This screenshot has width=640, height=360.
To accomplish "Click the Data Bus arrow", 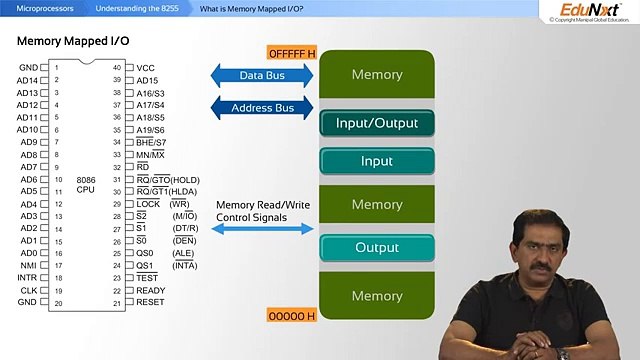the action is tap(262, 75).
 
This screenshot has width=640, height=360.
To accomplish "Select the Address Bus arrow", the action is tap(262, 107).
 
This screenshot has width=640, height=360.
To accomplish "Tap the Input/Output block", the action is tap(376, 124).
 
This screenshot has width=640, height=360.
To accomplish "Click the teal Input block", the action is tap(376, 161).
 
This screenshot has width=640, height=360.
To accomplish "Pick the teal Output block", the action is tap(376, 248).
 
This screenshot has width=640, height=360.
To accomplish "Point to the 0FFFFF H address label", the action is tap(291, 52).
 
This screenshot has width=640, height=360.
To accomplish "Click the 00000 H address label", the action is tap(291, 315).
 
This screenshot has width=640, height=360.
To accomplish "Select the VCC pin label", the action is tap(145, 68).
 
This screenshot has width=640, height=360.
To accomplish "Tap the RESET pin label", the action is tap(150, 302).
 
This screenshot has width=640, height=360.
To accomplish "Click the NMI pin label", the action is tap(29, 265).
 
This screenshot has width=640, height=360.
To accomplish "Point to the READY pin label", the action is tap(150, 290).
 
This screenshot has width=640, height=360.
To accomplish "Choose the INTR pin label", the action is tap(28, 277).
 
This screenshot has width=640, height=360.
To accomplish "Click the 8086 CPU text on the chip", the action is tap(85, 184).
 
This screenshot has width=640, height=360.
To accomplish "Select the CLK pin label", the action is tap(29, 290).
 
